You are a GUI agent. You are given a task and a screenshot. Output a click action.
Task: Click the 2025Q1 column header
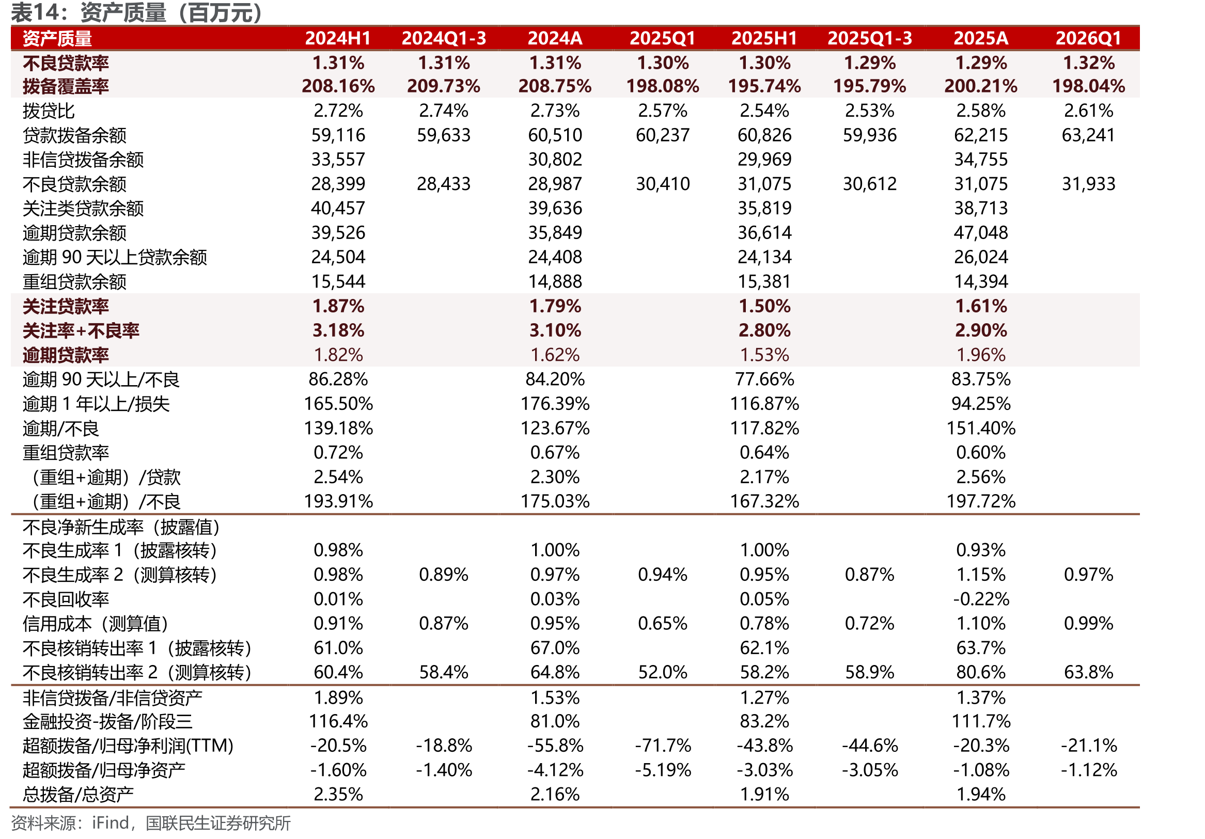click(662, 38)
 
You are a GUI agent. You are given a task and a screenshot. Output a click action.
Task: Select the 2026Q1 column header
click(1088, 38)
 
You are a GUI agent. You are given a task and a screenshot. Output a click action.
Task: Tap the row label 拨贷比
click(49, 110)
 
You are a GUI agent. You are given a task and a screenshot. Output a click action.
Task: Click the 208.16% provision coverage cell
click(338, 86)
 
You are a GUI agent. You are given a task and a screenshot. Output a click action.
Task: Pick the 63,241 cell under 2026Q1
click(1088, 135)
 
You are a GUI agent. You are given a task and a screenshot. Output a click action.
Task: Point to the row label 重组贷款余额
click(74, 282)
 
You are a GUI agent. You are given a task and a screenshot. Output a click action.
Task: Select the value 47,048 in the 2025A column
click(981, 232)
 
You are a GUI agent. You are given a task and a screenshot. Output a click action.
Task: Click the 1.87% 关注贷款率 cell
click(338, 306)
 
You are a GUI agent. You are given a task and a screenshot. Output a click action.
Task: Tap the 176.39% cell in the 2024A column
click(555, 404)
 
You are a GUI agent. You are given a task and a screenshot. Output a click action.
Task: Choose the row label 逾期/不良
click(61, 429)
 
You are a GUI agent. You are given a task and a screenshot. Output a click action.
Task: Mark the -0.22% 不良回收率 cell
click(981, 599)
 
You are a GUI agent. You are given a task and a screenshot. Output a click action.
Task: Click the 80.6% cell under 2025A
click(981, 672)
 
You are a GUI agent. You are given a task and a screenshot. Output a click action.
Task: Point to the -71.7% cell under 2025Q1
click(663, 746)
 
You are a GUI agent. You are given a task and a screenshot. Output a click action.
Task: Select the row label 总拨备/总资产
click(78, 795)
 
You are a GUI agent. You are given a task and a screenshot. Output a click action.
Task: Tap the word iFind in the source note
click(110, 822)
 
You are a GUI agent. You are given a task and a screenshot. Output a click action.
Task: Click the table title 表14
click(36, 12)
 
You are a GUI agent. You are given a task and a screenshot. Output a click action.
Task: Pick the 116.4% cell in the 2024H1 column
click(338, 721)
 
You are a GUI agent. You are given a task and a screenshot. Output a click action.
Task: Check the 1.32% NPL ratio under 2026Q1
click(1088, 63)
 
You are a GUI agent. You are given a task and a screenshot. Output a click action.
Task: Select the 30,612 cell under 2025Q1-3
click(870, 184)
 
